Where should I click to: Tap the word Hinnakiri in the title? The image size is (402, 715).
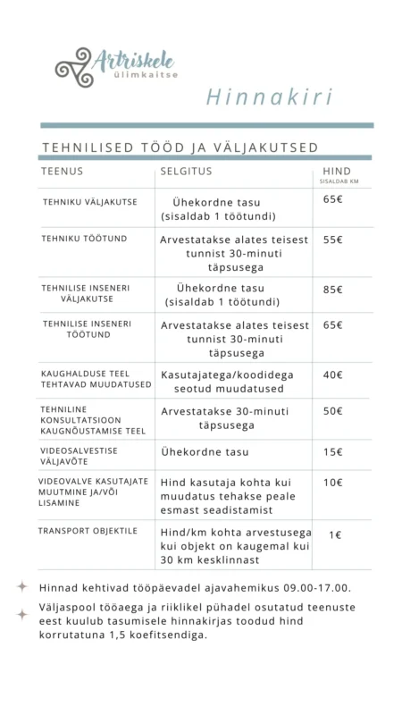coord(257,97)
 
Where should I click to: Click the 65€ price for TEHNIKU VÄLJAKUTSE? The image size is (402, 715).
coord(333,199)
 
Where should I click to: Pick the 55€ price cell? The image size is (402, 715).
coord(333,240)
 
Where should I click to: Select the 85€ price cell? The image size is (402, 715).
coord(333,289)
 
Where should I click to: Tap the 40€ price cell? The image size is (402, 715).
coord(333,374)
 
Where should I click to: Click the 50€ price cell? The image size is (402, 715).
coord(333,411)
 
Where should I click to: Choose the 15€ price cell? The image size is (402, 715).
coord(333,451)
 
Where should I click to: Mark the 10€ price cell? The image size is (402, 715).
coord(333,483)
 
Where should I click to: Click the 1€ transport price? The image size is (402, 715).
coord(335,534)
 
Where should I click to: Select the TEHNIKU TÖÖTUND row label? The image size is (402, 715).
coord(84,240)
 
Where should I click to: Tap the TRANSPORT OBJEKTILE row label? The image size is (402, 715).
coord(88,531)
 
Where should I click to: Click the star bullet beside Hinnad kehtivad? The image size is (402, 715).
coord(22,587)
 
